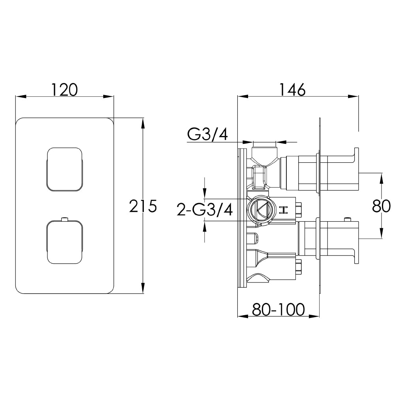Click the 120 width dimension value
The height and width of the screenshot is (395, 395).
[64, 90]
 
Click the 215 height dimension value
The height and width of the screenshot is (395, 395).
[143, 206]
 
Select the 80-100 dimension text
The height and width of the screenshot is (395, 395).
[278, 310]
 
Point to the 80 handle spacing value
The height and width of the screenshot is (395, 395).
[381, 206]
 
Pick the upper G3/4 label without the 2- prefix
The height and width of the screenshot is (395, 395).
[207, 135]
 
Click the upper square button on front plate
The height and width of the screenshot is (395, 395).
[65, 169]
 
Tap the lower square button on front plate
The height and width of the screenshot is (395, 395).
[65, 242]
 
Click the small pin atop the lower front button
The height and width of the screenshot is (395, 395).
[65, 218]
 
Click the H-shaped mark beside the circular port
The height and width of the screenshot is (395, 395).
[283, 210]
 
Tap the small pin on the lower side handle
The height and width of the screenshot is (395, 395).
[348, 219]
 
